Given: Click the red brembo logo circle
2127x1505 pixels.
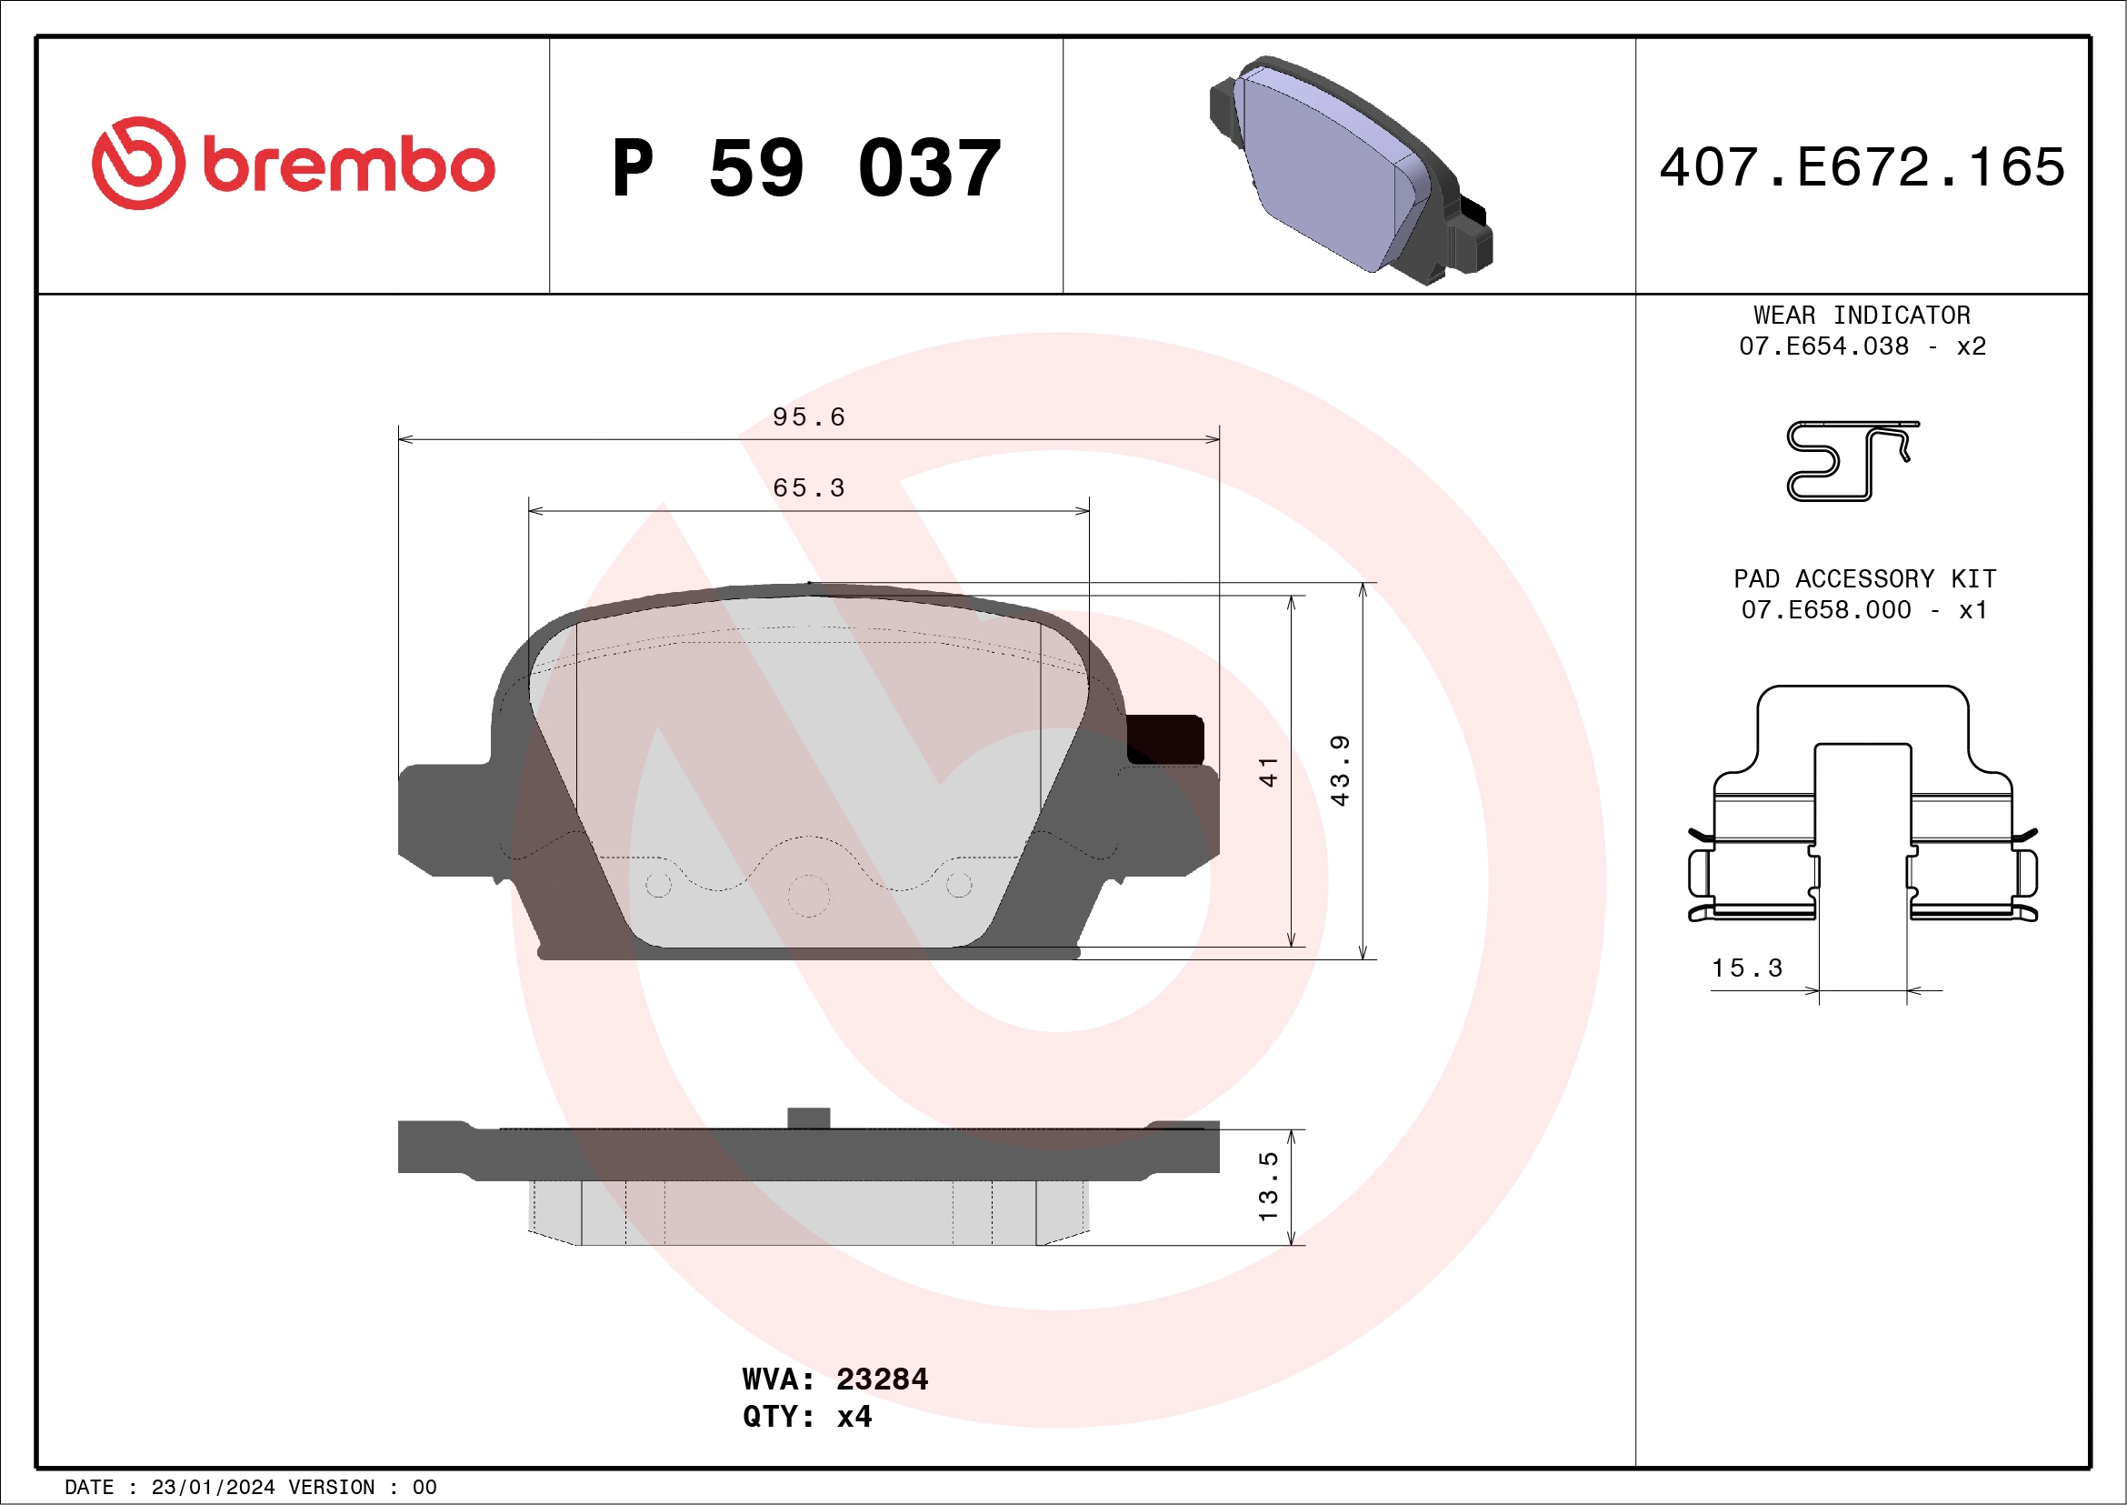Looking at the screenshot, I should (138, 163).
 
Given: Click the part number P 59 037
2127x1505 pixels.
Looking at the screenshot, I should (806, 168).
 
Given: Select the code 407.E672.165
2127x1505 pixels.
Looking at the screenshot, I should (1862, 167).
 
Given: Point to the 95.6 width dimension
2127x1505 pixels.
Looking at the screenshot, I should (809, 417).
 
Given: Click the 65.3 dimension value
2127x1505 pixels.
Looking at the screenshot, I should (809, 488).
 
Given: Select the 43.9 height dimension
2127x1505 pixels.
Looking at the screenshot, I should (1340, 771).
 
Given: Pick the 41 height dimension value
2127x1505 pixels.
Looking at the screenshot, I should (1268, 771).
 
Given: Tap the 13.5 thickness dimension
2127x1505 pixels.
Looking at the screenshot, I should (1268, 1186).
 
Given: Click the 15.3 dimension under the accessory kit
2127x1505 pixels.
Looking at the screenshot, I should (1746, 968).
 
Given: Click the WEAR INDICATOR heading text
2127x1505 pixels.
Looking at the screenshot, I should (1862, 315).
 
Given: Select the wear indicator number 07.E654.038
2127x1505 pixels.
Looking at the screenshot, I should (1823, 346).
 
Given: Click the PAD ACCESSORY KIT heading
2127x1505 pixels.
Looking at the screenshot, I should (1864, 579).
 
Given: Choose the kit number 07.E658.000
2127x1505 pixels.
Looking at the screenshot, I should (1825, 610).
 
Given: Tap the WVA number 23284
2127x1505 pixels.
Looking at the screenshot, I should (881, 1379).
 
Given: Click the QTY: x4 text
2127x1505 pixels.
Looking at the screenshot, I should (807, 1417).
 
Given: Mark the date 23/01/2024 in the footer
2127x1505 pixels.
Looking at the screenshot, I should (212, 1488).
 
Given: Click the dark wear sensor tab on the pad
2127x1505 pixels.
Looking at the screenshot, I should (1164, 739).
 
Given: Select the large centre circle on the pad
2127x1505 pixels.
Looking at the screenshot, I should (808, 896).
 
